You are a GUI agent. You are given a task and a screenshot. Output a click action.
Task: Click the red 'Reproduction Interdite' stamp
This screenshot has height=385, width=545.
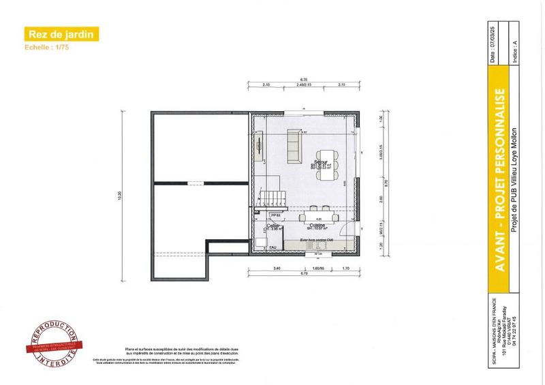[x=49, y=342]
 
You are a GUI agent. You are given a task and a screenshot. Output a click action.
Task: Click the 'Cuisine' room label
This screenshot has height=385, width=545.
[x=316, y=225]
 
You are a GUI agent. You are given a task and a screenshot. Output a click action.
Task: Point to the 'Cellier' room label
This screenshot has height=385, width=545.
[x=273, y=225]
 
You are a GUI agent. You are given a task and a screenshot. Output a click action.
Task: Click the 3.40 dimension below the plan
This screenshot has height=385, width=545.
[x=277, y=269]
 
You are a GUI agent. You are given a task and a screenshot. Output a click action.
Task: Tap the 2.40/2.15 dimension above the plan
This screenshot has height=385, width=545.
[x=305, y=84]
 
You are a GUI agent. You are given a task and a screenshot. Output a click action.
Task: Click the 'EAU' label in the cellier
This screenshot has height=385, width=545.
[x=272, y=247]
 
